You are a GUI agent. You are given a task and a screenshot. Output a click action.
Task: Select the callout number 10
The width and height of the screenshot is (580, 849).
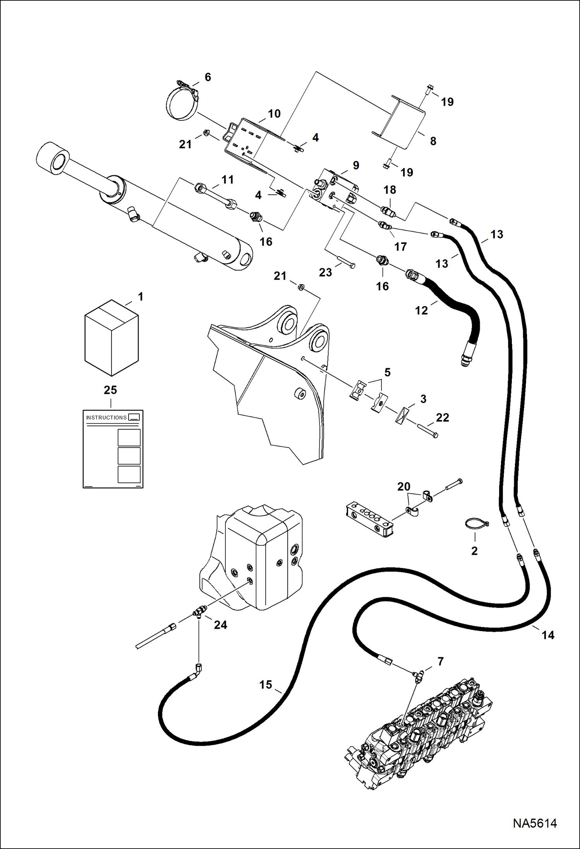274,114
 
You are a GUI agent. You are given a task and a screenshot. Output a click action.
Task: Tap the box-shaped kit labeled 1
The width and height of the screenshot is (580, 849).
112,338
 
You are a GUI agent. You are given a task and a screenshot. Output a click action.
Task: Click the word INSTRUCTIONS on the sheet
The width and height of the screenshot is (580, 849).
106,417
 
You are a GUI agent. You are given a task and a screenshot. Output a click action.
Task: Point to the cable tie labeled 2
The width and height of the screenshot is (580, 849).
476,524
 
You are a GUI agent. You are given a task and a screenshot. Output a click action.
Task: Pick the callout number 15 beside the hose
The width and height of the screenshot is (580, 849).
266,684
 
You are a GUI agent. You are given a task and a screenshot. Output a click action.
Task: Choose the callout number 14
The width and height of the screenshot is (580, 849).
547,635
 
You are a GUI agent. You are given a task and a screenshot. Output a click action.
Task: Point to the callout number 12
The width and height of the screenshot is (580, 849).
421,310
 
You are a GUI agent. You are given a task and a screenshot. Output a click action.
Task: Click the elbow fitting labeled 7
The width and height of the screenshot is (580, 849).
418,676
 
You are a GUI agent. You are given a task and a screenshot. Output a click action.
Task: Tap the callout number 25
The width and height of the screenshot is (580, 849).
110,390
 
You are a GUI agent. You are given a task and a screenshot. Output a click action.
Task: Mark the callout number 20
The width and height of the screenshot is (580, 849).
403,486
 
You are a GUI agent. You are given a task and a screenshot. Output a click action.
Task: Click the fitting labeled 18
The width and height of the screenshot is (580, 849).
388,211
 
